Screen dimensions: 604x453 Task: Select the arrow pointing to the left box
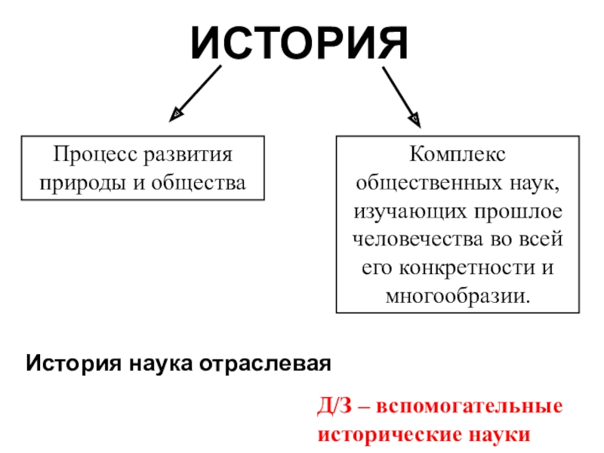[199, 93]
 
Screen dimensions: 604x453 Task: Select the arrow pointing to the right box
[400, 94]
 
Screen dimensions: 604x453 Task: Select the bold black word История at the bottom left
[68, 363]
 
